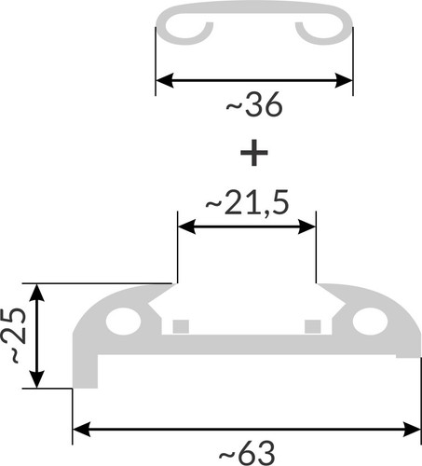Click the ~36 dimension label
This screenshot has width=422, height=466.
pos(254,104)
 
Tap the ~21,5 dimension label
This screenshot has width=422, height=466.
pos(247,203)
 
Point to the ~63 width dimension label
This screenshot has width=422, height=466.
pos(247,453)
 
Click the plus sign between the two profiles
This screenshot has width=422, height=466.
pos(254,153)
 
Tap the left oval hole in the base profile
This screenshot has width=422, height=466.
pos(123,322)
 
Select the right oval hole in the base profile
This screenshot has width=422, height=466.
pos(370,322)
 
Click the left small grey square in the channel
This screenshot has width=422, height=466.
pos(181,326)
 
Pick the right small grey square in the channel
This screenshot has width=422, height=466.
pos(313,326)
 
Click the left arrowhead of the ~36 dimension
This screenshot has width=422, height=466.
pos(164,80)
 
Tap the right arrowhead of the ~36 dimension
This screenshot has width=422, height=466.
pos(344,80)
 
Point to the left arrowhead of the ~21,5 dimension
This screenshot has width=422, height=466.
pos(186,226)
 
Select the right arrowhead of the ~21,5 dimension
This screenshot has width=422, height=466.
pos(306,226)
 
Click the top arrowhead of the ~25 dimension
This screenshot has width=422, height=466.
pos(36,293)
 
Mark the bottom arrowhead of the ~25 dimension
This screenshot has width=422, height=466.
pos(36,379)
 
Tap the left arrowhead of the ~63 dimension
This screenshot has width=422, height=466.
pos(81,430)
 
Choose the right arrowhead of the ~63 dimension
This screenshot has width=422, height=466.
pos(412,430)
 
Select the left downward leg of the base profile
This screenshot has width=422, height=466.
pos(85,371)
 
